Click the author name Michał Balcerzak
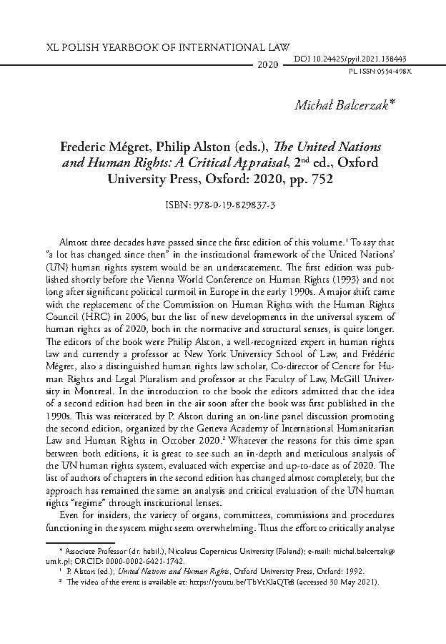345,106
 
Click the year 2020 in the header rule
266,65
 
